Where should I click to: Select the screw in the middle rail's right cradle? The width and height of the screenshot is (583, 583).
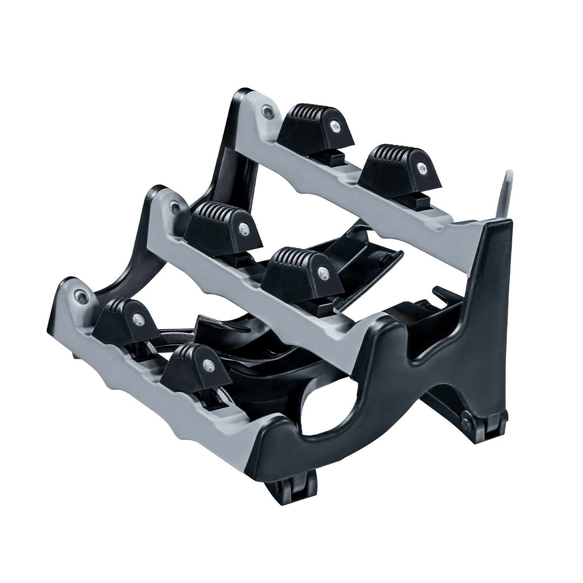322,272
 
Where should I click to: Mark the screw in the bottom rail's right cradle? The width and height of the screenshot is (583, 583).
209,364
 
